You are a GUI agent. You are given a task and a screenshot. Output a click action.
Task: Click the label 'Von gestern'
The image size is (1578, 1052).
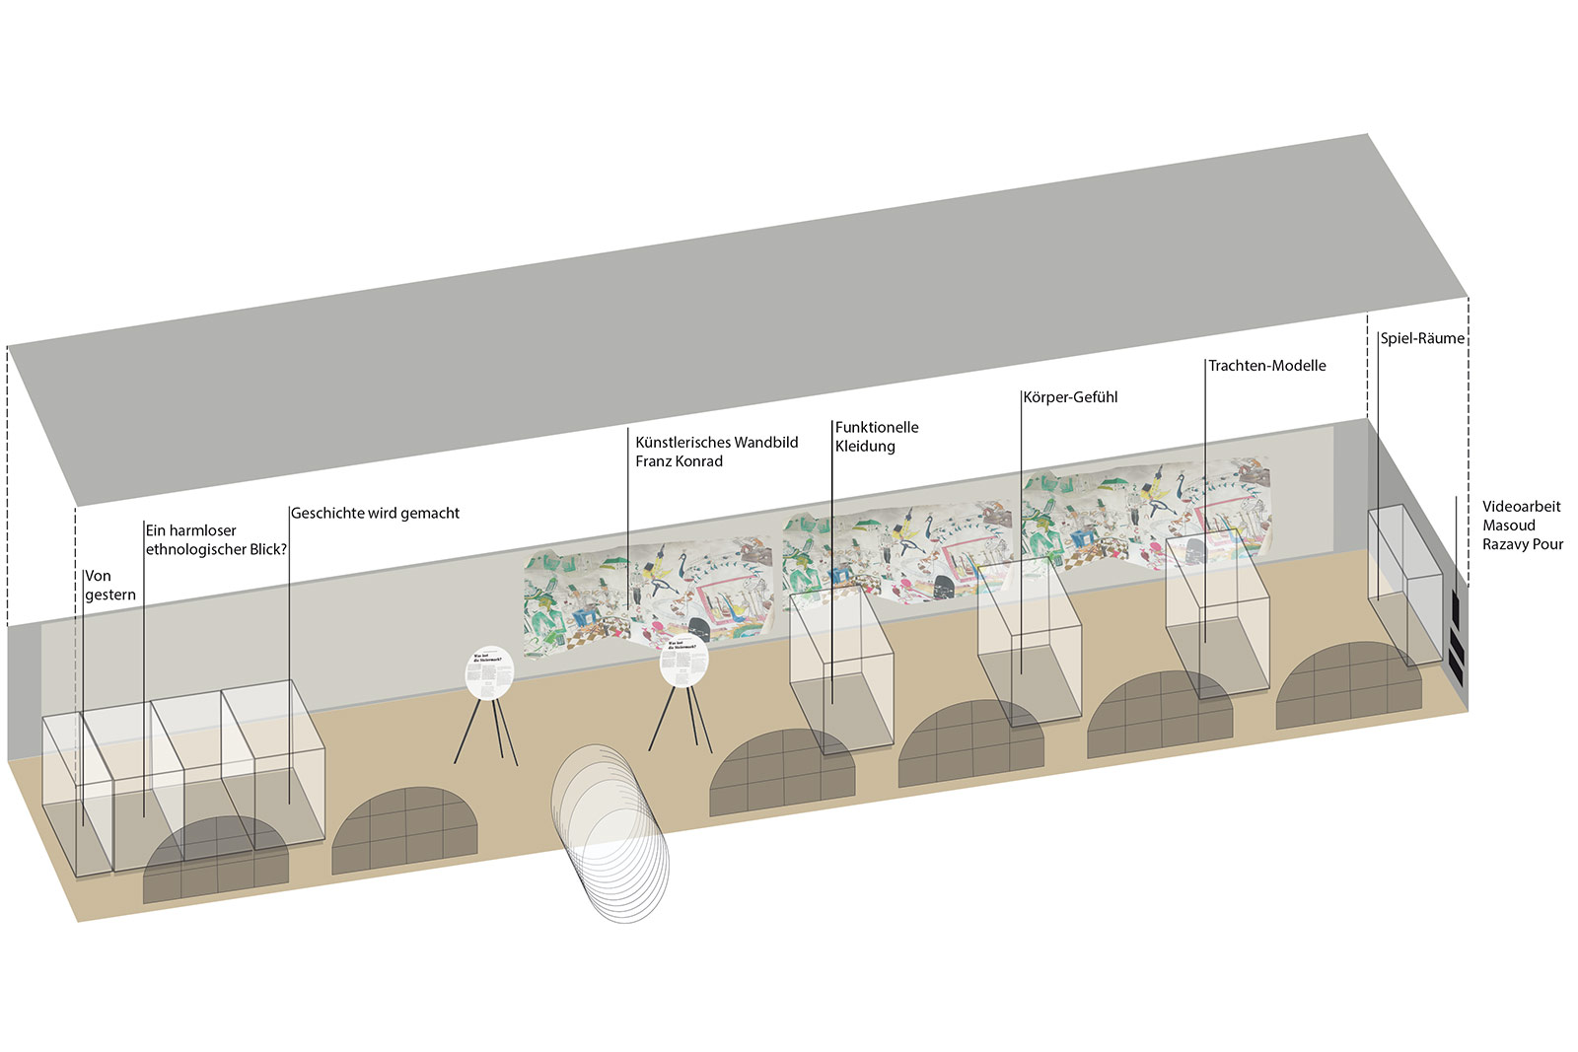point(109,586)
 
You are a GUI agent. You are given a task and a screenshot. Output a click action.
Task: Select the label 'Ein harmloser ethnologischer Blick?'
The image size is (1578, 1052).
point(216,540)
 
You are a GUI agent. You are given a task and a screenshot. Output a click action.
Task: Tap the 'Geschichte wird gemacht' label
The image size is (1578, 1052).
point(375,514)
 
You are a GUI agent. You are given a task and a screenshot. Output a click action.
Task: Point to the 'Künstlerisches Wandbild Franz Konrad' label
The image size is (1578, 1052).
point(716,452)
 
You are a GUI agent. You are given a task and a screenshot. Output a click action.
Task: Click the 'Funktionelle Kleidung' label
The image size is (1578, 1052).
point(877,437)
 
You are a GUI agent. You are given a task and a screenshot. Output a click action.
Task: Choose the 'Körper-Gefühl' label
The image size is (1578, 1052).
point(1070,397)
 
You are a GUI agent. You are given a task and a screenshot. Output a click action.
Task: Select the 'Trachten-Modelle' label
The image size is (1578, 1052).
point(1267,366)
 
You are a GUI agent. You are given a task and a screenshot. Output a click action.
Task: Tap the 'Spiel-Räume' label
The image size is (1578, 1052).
point(1422,338)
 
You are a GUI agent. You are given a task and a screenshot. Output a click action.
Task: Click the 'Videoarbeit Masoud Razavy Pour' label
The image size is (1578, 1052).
point(1522,526)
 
